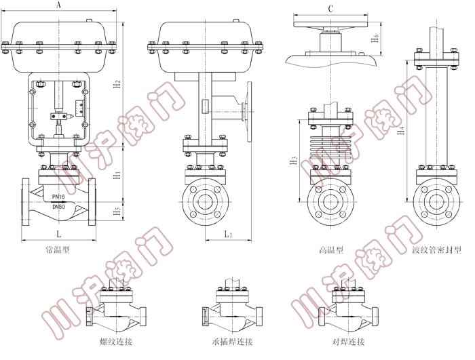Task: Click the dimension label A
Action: point(59,5)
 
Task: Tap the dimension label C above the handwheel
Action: point(330,9)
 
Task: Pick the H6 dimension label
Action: point(375,38)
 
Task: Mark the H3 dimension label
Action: point(294,161)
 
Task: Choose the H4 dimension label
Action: point(402,130)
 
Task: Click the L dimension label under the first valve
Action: point(59,233)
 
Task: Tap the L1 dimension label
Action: point(228,234)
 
